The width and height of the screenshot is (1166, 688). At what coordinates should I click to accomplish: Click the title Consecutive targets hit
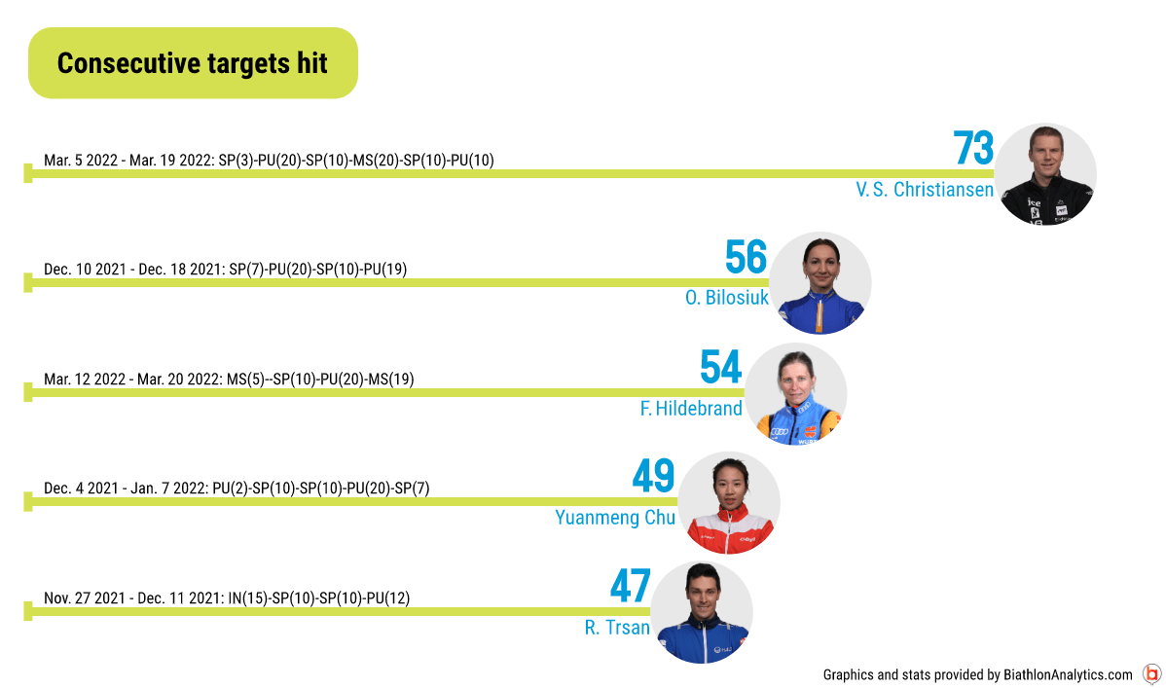(193, 64)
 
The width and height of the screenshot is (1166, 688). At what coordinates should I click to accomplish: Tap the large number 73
(973, 148)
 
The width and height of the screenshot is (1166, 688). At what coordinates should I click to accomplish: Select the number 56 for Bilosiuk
(746, 257)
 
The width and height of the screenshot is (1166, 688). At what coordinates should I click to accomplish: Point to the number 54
(720, 368)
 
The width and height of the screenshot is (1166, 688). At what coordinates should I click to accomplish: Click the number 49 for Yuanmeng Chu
(654, 476)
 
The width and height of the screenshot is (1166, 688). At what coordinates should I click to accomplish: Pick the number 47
(631, 586)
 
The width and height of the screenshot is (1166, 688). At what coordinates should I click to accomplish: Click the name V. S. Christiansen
(925, 190)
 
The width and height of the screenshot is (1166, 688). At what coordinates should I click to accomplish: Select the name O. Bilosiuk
(726, 298)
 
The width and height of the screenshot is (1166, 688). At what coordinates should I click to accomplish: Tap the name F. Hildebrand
(691, 409)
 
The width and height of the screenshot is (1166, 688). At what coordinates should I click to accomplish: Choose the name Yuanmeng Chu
(615, 518)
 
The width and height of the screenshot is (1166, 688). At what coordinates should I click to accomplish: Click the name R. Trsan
(617, 628)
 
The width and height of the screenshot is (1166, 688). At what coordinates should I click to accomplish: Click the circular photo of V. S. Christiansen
(1045, 174)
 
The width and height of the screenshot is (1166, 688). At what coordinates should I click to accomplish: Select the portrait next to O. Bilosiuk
(820, 282)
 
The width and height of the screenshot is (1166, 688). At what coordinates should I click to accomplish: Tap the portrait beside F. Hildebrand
(796, 393)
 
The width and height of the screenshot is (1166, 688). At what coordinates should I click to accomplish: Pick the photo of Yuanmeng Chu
(729, 503)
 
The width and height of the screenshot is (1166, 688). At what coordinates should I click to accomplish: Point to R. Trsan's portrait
(701, 612)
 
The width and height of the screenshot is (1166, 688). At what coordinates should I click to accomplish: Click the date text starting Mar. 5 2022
(270, 160)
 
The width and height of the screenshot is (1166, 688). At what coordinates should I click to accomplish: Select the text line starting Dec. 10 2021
(226, 270)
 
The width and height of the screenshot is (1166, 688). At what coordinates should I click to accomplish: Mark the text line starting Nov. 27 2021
(227, 598)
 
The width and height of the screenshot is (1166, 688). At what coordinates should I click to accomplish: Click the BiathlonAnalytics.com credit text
(977, 674)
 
